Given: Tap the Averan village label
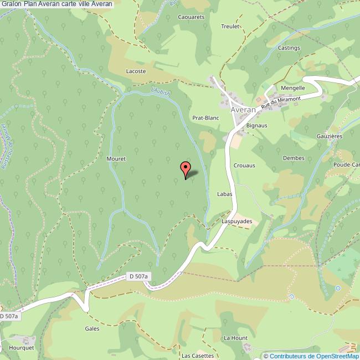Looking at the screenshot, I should point(244,110).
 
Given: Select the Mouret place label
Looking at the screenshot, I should point(116,158).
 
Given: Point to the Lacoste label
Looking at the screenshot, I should point(136,71).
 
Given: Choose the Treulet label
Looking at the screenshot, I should point(230,26).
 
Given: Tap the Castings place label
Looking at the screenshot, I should point(289,48).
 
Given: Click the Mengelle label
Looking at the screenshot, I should point(293,88).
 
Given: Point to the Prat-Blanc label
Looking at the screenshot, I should point(205,118).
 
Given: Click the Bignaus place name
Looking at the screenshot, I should point(257,126).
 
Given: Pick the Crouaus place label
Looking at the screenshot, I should point(244,166).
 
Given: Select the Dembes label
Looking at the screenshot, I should point(294,158).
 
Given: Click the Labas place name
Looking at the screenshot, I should point(224,194).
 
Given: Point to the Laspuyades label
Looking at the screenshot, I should point(237,222).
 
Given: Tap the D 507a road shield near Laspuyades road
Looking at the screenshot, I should point(139,276).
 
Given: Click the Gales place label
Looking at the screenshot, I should point(92,328).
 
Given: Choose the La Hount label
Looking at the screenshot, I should point(235,337).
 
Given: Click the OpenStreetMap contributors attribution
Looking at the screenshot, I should point(311,356).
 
